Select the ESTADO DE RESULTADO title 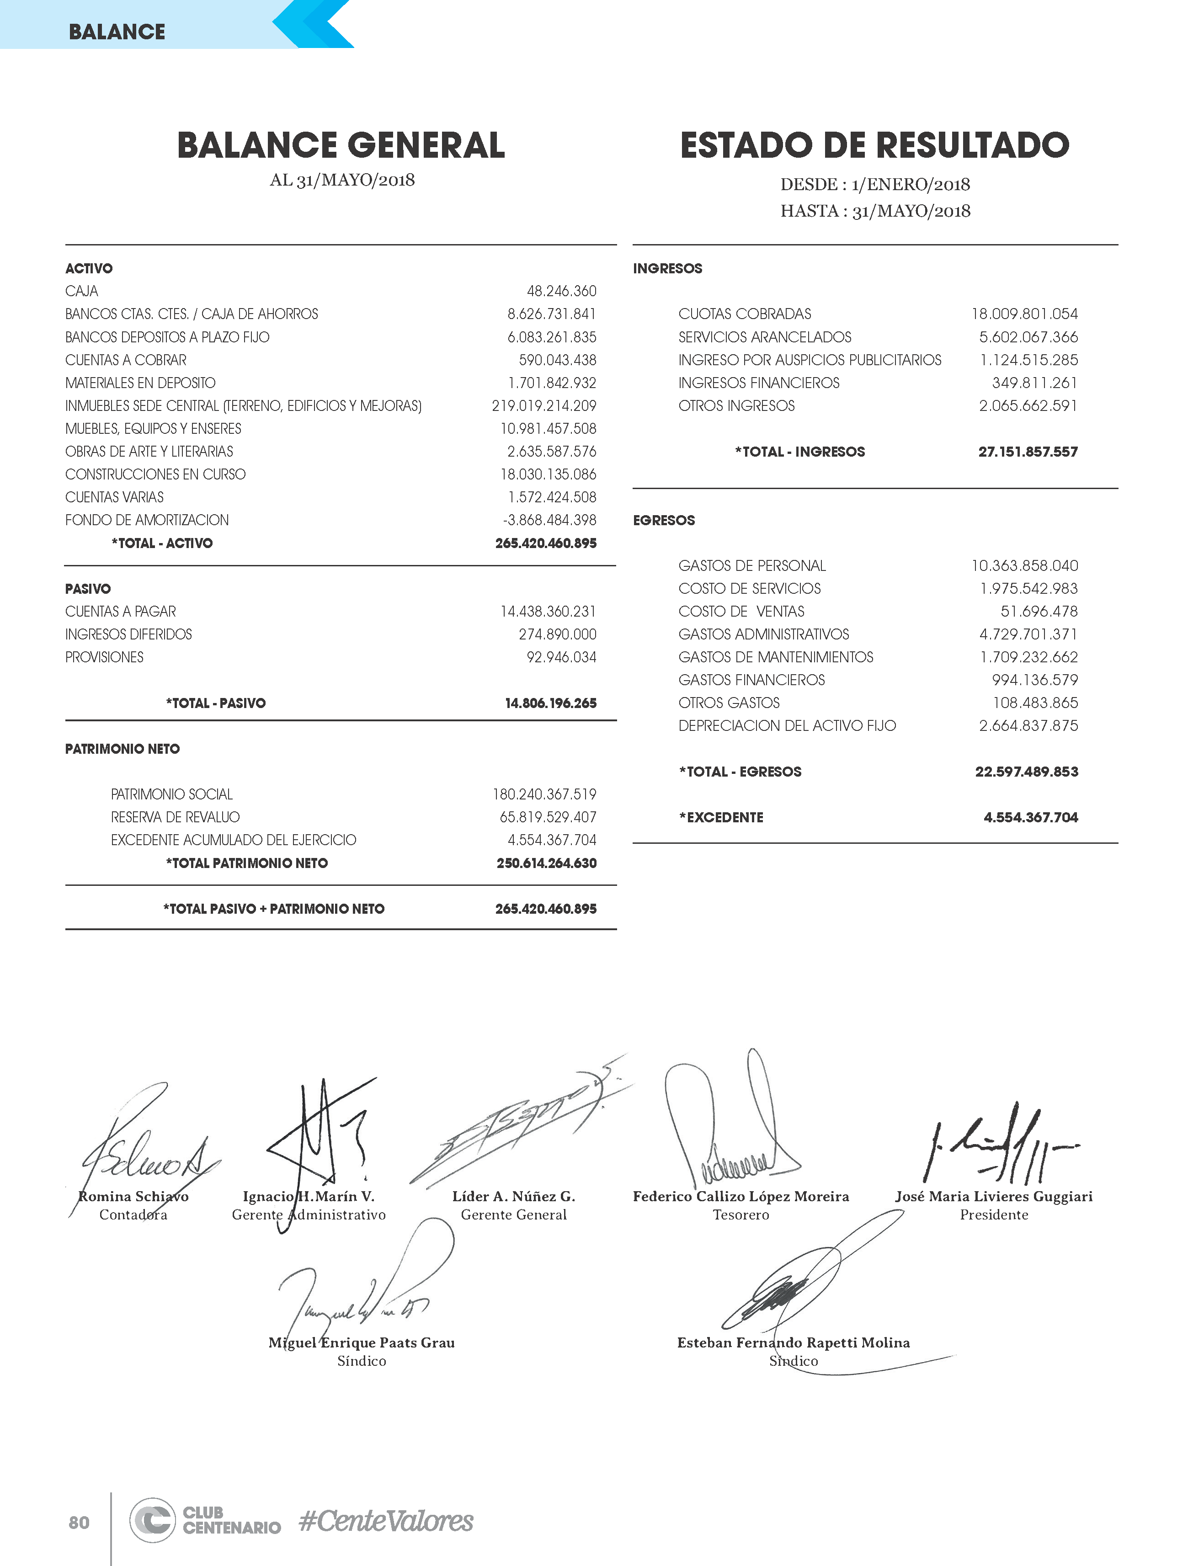[874, 145]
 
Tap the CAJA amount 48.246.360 [561, 291]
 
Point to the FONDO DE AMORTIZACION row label [147, 520]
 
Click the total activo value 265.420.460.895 [546, 543]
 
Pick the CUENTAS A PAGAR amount [548, 612]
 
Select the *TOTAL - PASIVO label [216, 703]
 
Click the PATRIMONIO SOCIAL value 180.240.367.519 [544, 794]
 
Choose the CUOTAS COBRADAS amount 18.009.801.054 [1024, 314]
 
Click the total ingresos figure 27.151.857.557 [1028, 452]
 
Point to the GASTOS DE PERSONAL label [752, 566]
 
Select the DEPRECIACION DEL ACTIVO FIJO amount [1029, 726]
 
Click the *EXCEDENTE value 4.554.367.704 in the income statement [1031, 818]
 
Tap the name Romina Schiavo [133, 1197]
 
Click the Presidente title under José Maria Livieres [994, 1215]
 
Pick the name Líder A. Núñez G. [514, 1197]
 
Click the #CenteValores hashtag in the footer [386, 1521]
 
